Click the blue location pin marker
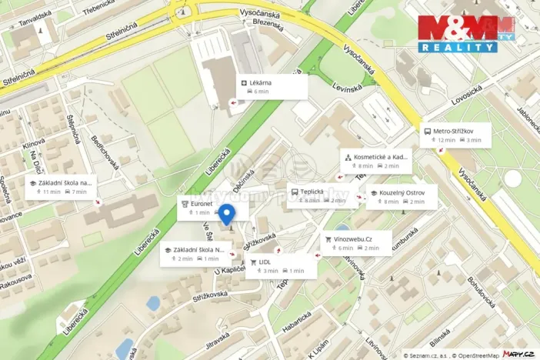[227, 215]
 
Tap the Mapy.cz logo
[519, 354]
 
